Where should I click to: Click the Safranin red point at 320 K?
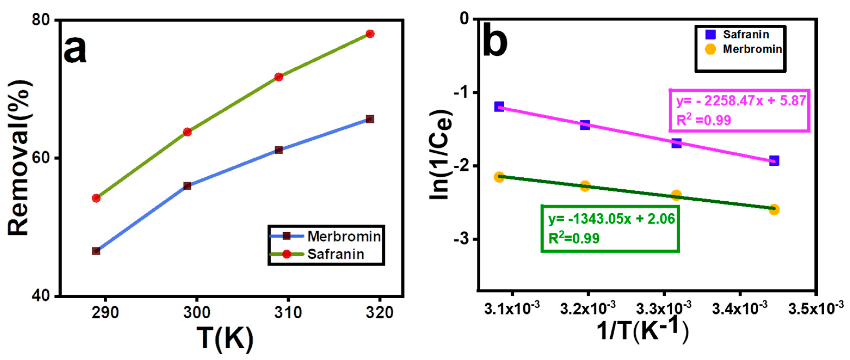[370, 34]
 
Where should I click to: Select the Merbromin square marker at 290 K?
[96, 251]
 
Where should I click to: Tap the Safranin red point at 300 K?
[187, 132]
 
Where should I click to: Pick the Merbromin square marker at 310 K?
[279, 150]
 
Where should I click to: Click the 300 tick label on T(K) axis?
[197, 312]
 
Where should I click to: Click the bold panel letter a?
[75, 50]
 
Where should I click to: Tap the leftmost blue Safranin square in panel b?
[499, 107]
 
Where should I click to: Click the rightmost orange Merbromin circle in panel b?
[774, 210]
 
